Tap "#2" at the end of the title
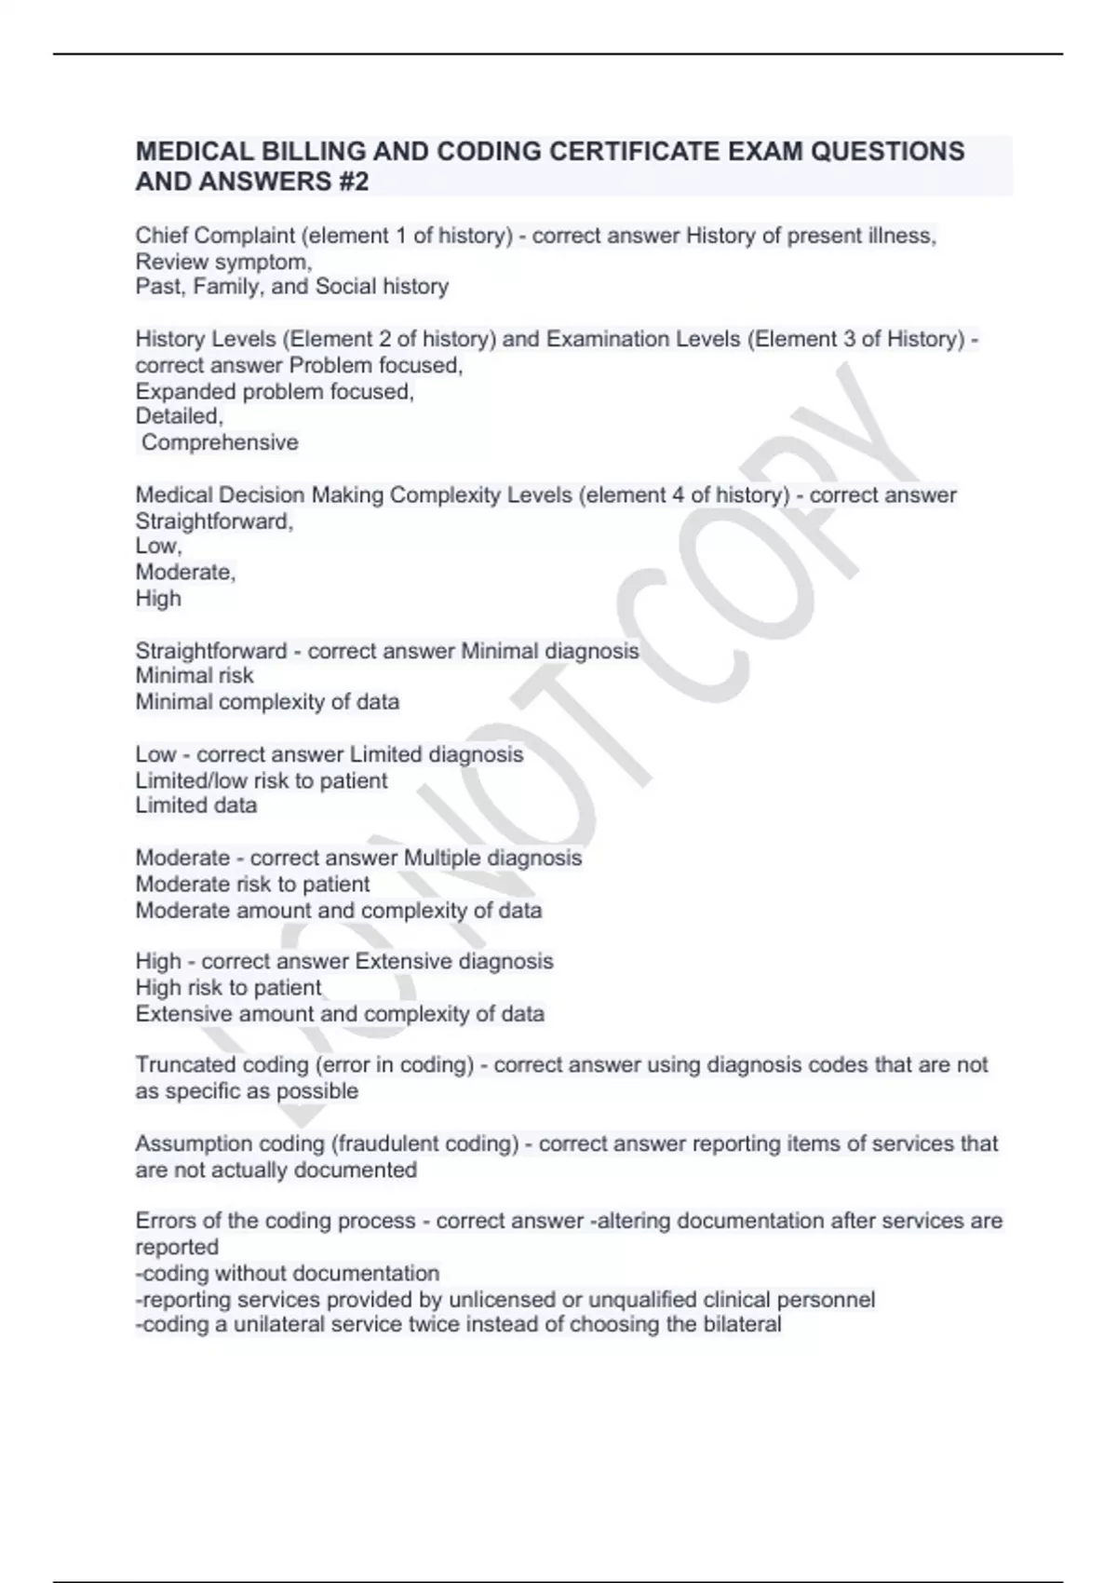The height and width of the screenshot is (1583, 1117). pyautogui.click(x=352, y=182)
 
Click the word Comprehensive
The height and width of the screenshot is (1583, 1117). pyautogui.click(x=220, y=442)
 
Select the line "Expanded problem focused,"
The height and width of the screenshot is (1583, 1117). pyautogui.click(x=275, y=391)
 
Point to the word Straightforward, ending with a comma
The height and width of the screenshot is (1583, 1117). pyautogui.click(x=214, y=521)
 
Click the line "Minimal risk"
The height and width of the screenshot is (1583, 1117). pyautogui.click(x=195, y=676)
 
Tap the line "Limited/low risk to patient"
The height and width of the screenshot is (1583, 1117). pyautogui.click(x=262, y=780)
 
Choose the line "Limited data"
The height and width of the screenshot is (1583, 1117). pyautogui.click(x=196, y=805)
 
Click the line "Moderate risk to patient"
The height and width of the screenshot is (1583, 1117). pyautogui.click(x=252, y=884)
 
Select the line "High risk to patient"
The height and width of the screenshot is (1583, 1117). pyautogui.click(x=228, y=987)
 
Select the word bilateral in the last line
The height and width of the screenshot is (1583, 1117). pyautogui.click(x=735, y=1324)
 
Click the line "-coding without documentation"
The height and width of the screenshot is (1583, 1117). pyautogui.click(x=287, y=1273)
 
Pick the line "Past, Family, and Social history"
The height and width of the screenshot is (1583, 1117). pyautogui.click(x=291, y=287)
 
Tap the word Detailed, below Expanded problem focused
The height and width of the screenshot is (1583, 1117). pyautogui.click(x=180, y=416)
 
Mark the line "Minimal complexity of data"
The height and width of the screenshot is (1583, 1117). pyautogui.click(x=267, y=702)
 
